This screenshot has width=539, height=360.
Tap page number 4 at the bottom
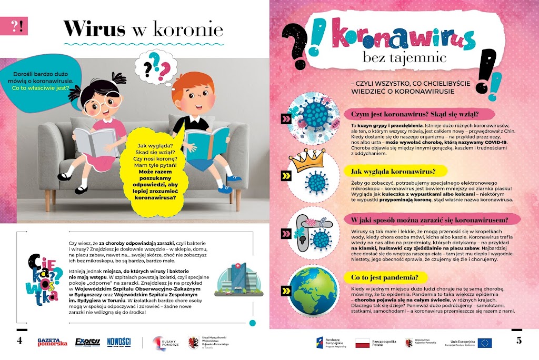click(19, 340)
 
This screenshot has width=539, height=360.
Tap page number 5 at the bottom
click(518, 340)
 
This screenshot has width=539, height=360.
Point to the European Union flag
click(485, 343)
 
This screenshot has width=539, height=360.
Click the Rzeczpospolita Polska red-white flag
click(363, 343)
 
